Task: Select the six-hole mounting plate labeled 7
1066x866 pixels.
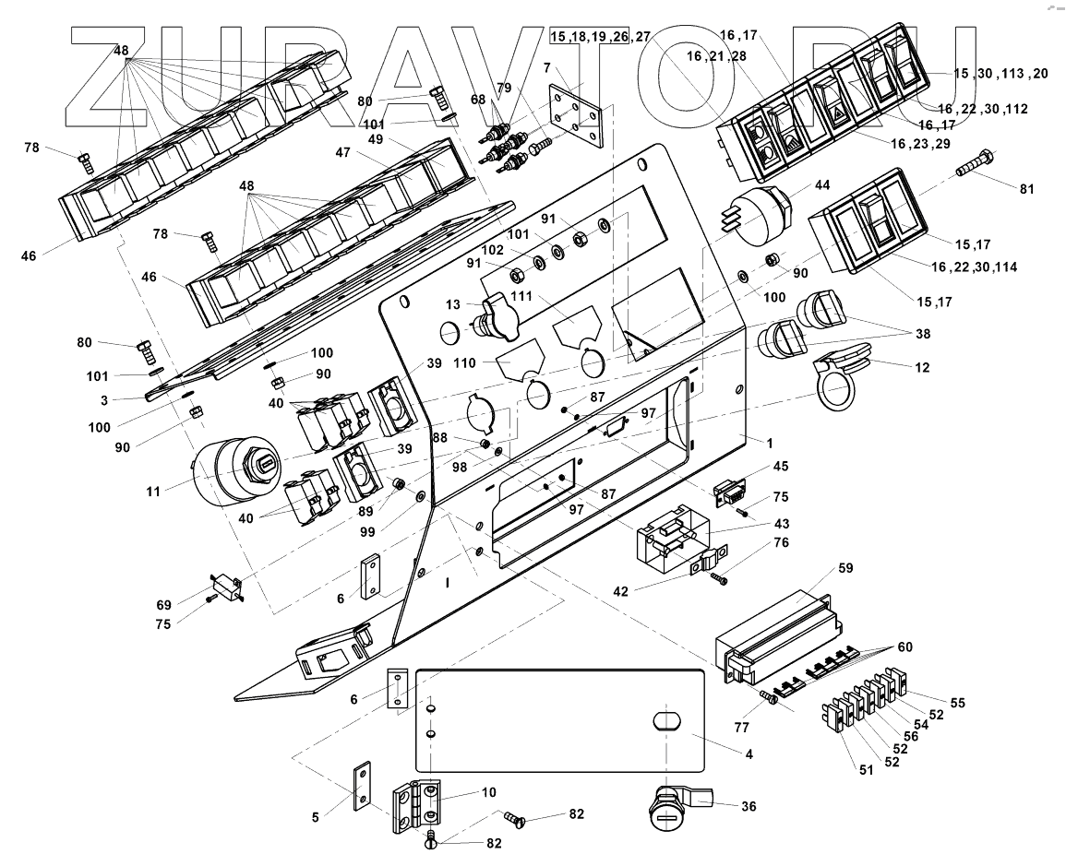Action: click(574, 115)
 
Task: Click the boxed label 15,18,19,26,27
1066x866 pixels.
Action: click(588, 36)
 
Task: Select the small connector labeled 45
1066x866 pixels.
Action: click(732, 494)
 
